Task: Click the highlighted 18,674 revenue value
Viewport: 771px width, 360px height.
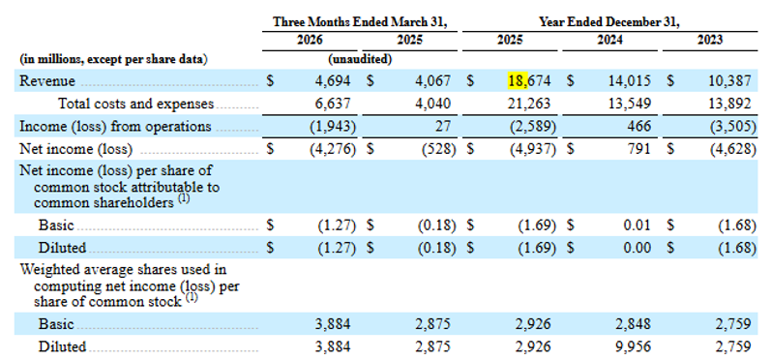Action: click(x=529, y=80)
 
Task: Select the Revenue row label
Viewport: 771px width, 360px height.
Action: click(x=47, y=80)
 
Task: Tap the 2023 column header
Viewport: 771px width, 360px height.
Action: click(x=709, y=41)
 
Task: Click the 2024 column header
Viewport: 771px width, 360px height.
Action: click(x=609, y=41)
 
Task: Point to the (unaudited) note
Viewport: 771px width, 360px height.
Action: click(x=360, y=59)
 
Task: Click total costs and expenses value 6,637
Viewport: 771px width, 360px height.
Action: click(x=333, y=104)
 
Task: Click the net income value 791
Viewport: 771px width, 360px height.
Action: click(x=639, y=149)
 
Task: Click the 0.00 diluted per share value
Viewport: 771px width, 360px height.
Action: click(x=637, y=248)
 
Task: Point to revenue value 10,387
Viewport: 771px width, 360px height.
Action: click(x=729, y=81)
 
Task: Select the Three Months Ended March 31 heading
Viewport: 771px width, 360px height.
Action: click(x=360, y=22)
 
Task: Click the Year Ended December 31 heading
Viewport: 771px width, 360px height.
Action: click(x=609, y=22)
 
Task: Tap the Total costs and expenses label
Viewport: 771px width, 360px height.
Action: click(x=136, y=104)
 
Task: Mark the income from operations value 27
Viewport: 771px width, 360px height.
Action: click(x=443, y=127)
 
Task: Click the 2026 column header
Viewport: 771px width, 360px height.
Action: click(x=310, y=41)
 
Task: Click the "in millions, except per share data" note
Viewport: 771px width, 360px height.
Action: click(x=113, y=59)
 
